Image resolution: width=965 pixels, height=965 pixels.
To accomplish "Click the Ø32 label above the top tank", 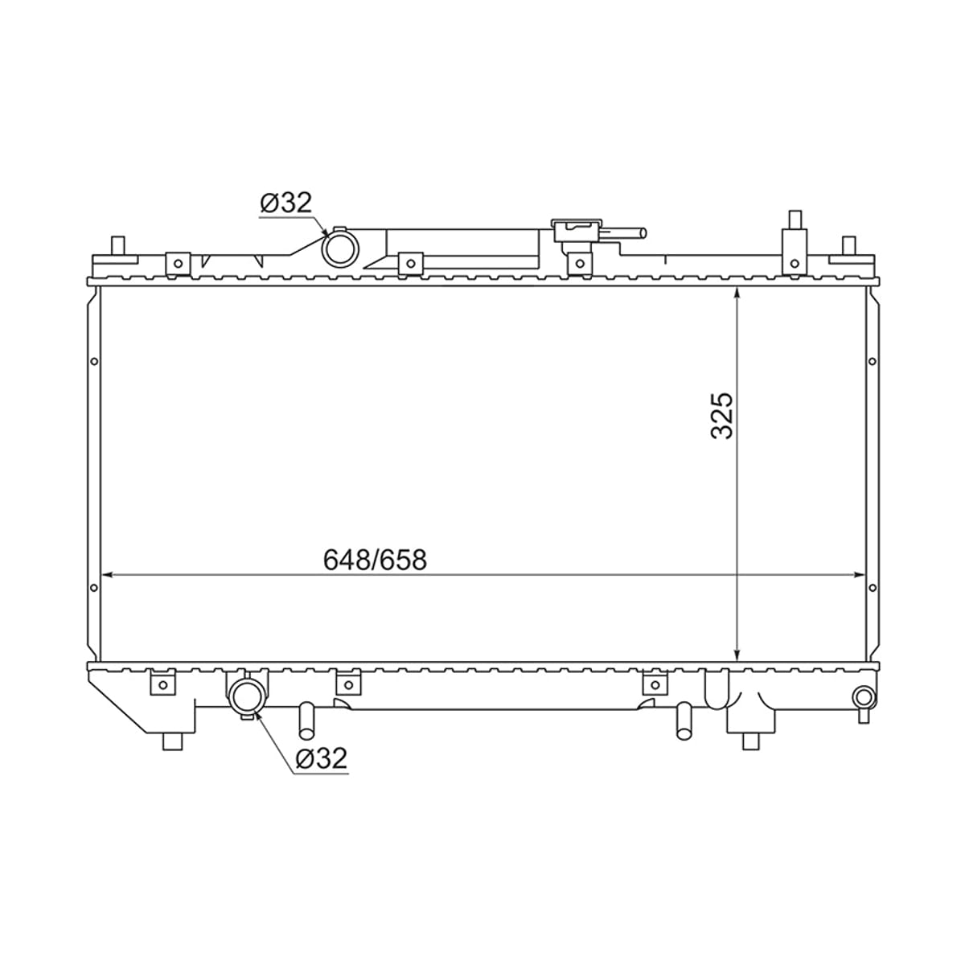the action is pos(286,203).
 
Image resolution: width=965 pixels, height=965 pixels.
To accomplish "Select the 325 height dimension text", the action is pos(721,416).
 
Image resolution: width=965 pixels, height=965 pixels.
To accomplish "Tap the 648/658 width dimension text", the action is pos(375,560).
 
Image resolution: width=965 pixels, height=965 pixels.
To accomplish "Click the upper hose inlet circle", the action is pos(340,248).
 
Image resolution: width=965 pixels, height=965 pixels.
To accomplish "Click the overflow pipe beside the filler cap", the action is pos(625,233).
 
